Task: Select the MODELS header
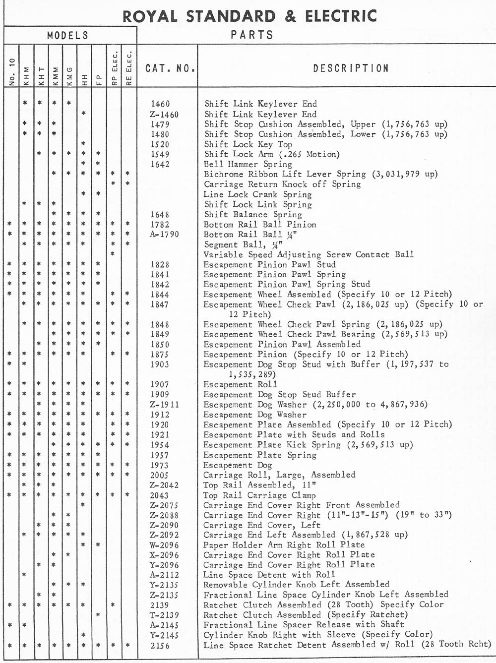click(x=68, y=35)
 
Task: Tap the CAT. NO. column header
click(x=170, y=68)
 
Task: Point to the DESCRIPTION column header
click(x=350, y=68)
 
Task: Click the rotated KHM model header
click(x=27, y=75)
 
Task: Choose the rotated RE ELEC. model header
click(x=128, y=68)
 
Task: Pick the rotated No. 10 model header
click(x=12, y=72)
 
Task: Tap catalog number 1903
click(x=160, y=364)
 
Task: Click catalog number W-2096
click(x=163, y=545)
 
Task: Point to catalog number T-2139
click(x=163, y=615)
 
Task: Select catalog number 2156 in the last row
click(x=160, y=645)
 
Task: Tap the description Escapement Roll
click(x=240, y=384)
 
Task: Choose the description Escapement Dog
click(x=238, y=465)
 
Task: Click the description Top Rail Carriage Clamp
click(x=260, y=495)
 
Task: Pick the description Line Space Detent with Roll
click(x=269, y=575)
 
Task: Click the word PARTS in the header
click(x=252, y=35)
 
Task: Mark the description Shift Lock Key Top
click(x=248, y=144)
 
